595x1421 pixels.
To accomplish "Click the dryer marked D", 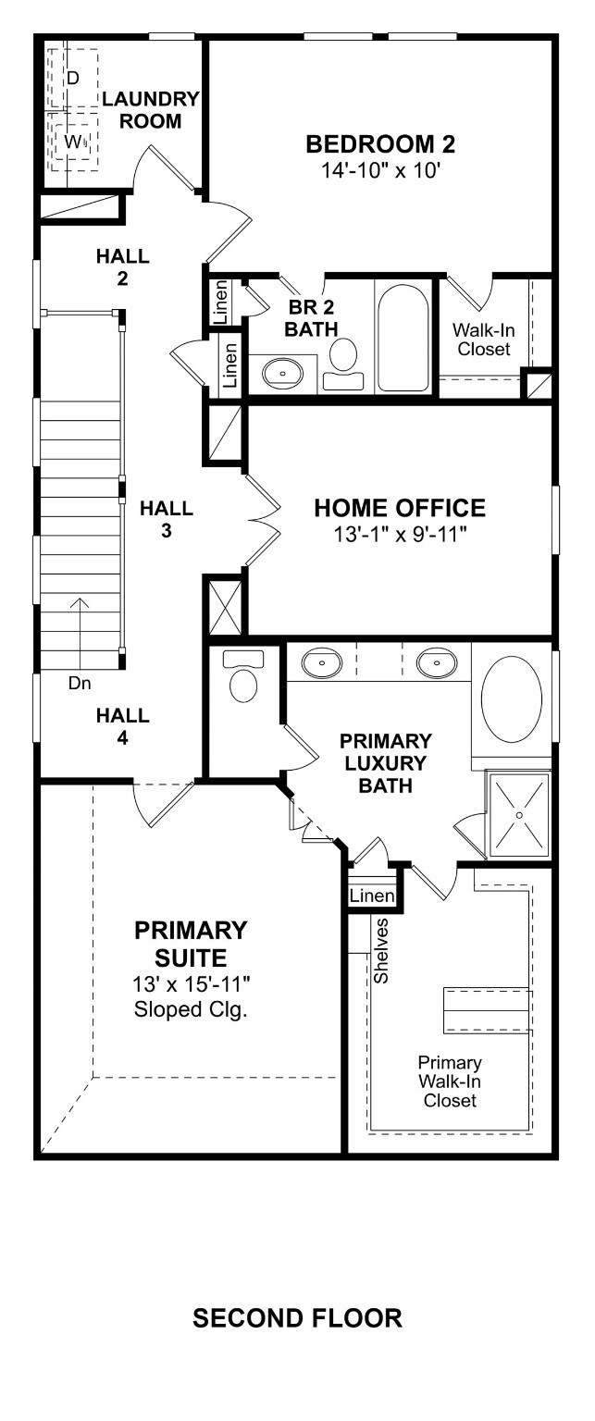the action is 74,78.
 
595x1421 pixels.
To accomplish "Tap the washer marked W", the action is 74,142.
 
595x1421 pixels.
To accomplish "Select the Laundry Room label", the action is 151,110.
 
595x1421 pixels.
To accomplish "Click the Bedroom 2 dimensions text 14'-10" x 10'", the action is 380,170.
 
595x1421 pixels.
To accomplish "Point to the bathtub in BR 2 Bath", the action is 403,336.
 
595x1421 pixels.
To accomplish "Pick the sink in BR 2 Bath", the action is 282,372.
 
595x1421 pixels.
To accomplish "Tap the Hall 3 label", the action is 167,519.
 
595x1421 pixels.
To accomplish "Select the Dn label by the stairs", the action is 80,684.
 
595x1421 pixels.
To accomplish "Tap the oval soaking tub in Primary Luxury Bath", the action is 512,699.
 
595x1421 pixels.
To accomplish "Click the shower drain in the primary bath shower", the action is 519,814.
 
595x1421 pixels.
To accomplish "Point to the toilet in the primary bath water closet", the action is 242,676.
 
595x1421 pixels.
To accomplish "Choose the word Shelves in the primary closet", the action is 380,951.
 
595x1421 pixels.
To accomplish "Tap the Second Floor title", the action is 298,1318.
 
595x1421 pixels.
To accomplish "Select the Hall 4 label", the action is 123,726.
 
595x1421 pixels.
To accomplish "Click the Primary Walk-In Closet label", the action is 450,1081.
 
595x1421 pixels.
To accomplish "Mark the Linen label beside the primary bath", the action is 372,896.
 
